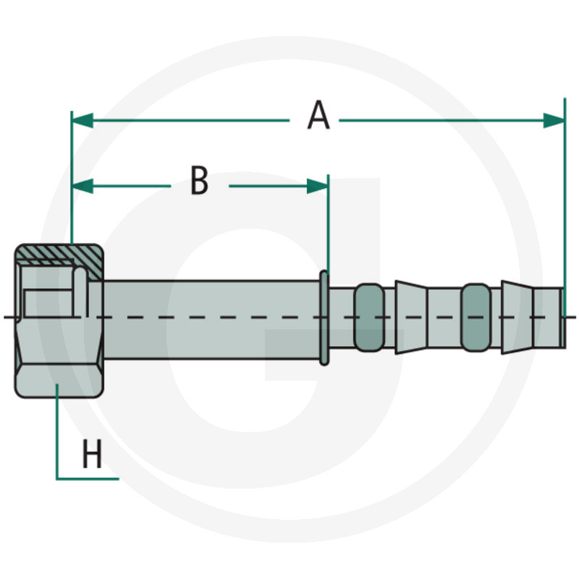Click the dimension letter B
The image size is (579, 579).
click(199, 181)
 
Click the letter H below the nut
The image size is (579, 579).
click(92, 456)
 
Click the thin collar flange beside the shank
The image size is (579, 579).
click(324, 317)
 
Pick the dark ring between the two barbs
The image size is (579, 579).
click(475, 317)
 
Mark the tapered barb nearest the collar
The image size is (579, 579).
click(410, 317)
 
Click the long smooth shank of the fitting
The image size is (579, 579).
click(210, 317)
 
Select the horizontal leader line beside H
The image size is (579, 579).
click(87, 478)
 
